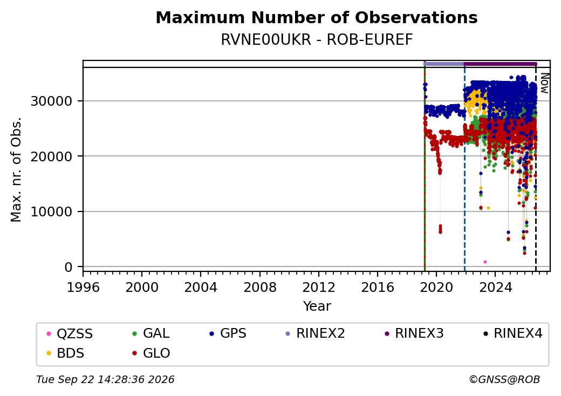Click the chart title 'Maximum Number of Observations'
coord(317,17)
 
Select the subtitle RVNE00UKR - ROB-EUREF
coord(317,39)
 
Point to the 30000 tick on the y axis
coord(52,101)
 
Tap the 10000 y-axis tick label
coord(52,212)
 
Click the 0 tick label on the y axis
coord(69,267)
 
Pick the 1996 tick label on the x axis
coord(83,287)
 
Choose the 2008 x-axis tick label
coord(260,287)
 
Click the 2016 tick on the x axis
coord(378,287)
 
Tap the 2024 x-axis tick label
coord(495,287)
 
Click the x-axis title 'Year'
coord(317,306)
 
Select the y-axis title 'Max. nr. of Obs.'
coord(16,169)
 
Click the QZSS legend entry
coord(70,334)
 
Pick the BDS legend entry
coord(66,353)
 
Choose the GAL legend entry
coord(151,333)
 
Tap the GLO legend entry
coord(152,353)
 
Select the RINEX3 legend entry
coord(414,333)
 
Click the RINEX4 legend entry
coord(512,333)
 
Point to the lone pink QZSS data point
coord(485,262)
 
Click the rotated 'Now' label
coord(544,83)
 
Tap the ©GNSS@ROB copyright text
coord(504,379)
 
